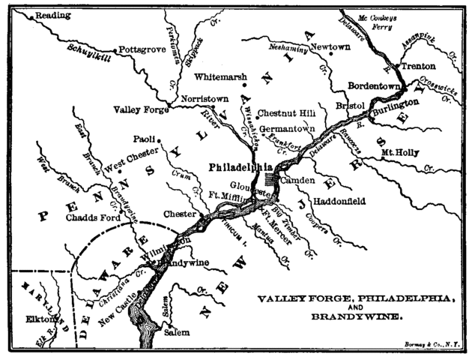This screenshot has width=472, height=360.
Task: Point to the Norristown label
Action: pyautogui.click(x=202, y=97)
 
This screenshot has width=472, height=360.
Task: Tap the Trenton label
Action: pyautogui.click(x=418, y=66)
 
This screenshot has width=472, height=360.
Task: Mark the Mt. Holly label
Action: pyautogui.click(x=399, y=151)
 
